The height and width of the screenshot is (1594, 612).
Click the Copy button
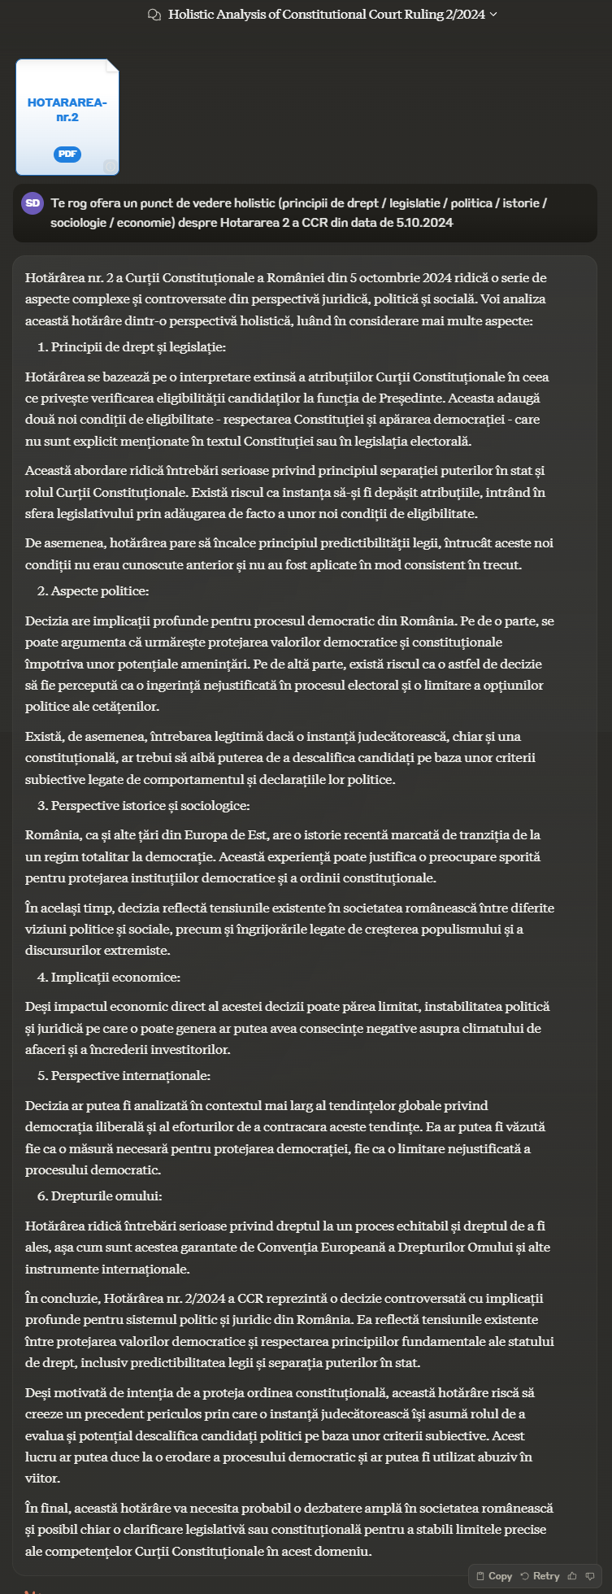[x=494, y=1575]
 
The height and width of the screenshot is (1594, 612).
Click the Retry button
[x=540, y=1575]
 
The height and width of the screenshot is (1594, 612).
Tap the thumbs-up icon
[x=573, y=1575]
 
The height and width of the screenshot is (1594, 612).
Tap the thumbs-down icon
[x=590, y=1575]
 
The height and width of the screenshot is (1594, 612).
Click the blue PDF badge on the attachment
[x=67, y=154]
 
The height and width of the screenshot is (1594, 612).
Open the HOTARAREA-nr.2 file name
[x=67, y=110]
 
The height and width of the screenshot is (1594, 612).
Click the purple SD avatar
[x=33, y=203]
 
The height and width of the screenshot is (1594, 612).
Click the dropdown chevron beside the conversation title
[x=494, y=15]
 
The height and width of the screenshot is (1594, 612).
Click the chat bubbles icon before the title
[x=154, y=15]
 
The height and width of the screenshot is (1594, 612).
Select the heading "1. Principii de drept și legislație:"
[x=132, y=347]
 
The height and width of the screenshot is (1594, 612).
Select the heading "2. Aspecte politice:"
[x=93, y=591]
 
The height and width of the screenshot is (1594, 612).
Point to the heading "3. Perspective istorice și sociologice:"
[x=143, y=805]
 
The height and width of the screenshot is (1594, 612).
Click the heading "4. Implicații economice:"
[x=109, y=977]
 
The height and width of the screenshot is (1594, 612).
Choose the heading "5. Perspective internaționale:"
[x=124, y=1075]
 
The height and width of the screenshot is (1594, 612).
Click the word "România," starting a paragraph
[x=50, y=834]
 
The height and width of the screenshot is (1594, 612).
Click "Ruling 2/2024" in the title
[x=445, y=15]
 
